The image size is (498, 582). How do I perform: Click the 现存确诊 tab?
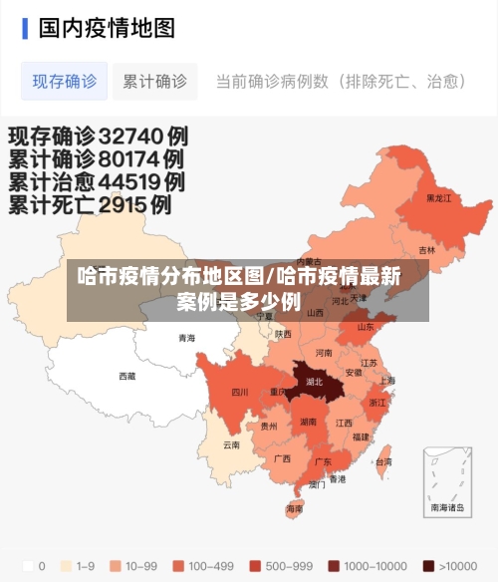tap(65, 82)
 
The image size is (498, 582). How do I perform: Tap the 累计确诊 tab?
tap(154, 82)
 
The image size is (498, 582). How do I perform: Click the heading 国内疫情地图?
tap(107, 28)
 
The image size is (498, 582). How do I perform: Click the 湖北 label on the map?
tap(315, 381)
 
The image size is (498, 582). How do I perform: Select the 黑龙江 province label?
tap(439, 197)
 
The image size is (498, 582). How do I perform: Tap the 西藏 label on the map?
tap(126, 376)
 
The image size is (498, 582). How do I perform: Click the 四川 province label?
tap(240, 392)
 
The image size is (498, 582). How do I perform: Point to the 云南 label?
tap(231, 444)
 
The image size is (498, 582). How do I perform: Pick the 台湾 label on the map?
tap(382, 461)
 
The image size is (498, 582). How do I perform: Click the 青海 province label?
tap(186, 338)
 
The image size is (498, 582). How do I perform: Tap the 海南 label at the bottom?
tap(295, 508)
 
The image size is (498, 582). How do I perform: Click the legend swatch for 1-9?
tap(66, 566)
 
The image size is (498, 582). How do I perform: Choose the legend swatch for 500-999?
tap(255, 566)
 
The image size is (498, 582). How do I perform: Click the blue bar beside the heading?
tap(25, 28)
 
